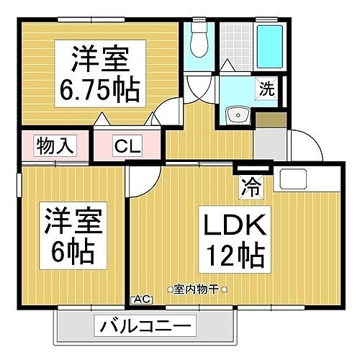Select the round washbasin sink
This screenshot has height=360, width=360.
[236, 116]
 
